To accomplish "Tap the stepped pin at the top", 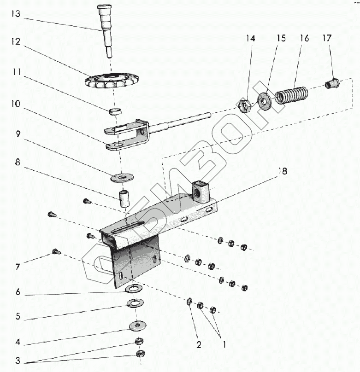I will click(105, 28).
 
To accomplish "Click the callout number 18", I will click(282, 172).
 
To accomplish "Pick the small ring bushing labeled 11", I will click(115, 110).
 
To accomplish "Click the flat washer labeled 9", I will click(122, 176).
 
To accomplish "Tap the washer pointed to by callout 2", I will click(189, 302).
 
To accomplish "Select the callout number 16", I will click(304, 38).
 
